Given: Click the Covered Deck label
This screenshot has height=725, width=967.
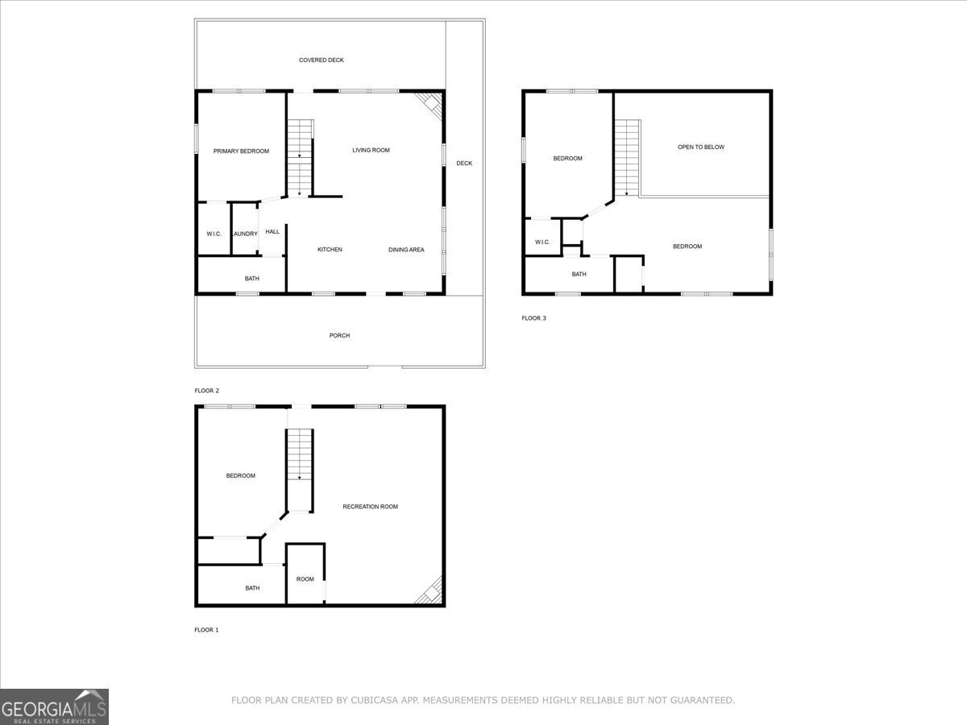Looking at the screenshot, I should [x=322, y=60].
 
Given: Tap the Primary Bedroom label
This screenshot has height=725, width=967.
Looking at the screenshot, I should [x=241, y=151].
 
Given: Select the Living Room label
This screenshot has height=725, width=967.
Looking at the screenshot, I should [x=371, y=150].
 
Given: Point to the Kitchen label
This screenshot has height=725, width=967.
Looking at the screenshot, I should [x=330, y=250].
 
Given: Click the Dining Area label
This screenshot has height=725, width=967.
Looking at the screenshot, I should [x=406, y=250].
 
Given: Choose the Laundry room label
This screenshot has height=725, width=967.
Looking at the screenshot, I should [x=245, y=234].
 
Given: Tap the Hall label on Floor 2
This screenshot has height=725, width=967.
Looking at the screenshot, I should [x=272, y=232].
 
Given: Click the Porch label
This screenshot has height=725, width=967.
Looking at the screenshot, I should [x=340, y=336].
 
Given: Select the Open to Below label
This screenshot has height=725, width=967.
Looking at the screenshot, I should [x=700, y=147].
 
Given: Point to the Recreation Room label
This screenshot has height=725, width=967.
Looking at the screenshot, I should [x=371, y=507].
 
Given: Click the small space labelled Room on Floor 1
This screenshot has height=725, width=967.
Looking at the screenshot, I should [x=305, y=579].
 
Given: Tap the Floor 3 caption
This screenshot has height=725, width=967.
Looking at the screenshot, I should [x=533, y=318].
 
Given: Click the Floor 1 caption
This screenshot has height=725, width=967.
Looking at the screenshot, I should [x=206, y=630].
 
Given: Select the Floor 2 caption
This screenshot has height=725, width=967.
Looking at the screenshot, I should [x=206, y=391].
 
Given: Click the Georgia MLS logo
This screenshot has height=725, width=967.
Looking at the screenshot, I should [x=54, y=706].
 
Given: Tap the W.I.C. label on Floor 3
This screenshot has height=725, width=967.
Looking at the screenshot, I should [x=542, y=242].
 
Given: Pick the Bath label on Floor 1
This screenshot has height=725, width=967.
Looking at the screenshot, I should [x=252, y=588].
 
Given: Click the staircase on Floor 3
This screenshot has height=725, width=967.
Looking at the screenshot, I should [x=627, y=157].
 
